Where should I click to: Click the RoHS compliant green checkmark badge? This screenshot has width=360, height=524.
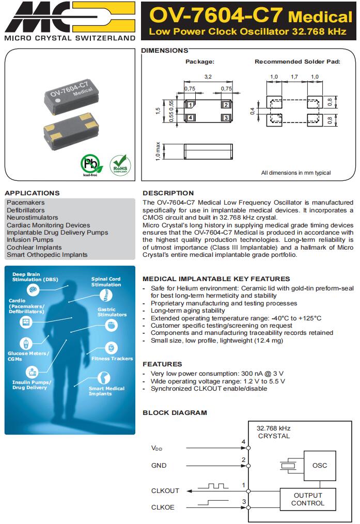[120, 165]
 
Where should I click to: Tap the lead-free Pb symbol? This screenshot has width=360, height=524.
[91, 165]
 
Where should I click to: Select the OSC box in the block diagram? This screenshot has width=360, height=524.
[320, 465]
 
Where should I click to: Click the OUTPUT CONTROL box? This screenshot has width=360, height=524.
[308, 499]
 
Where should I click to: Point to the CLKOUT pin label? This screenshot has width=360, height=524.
[165, 490]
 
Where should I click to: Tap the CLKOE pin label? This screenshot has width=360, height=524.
[163, 507]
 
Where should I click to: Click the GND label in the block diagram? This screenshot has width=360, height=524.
[159, 465]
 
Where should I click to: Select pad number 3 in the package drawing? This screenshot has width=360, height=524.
[226, 118]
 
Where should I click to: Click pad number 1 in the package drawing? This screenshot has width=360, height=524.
[191, 105]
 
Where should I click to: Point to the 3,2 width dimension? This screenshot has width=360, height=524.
[208, 76]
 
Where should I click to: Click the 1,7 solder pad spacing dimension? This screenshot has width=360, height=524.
[294, 76]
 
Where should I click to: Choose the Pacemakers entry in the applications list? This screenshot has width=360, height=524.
[26, 203]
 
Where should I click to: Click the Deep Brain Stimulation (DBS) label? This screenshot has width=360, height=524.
[36, 277]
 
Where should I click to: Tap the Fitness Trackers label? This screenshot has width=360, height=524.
[112, 358]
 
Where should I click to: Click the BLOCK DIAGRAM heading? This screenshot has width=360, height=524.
[175, 412]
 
